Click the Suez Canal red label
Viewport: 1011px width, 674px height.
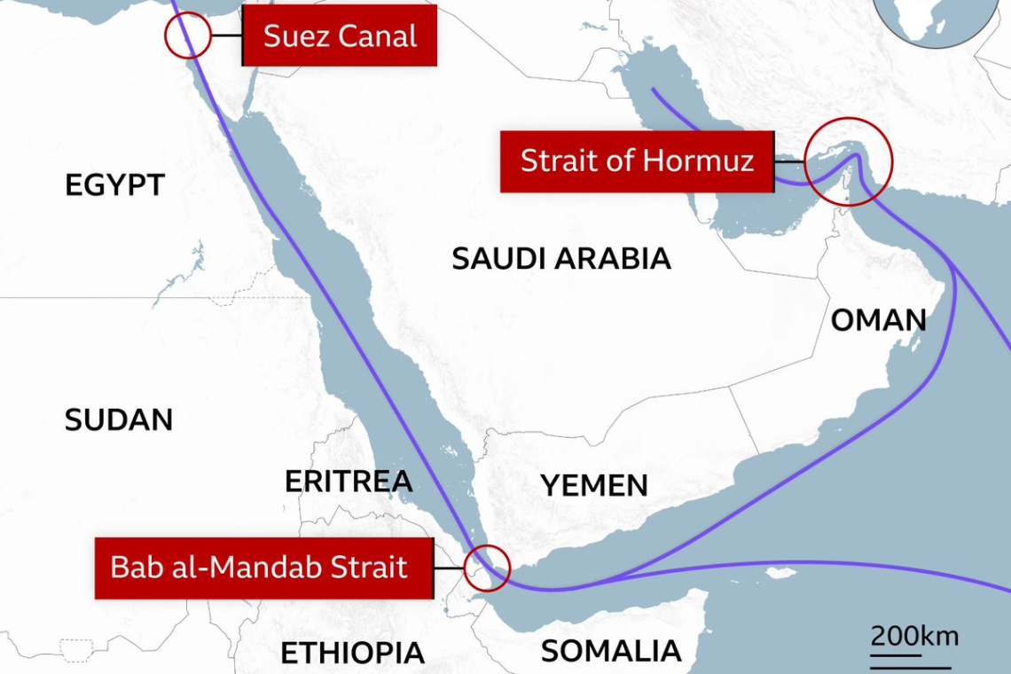point(340,37)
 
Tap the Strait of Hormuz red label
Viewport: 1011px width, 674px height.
point(637,161)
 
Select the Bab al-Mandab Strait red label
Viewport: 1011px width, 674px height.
point(263,568)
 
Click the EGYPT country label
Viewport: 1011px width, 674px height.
point(115,185)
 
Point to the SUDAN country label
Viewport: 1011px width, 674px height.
point(119,419)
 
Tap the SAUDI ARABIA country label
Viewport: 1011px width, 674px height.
point(560,258)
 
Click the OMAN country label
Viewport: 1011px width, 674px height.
point(878,320)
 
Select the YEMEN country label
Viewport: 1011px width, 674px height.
point(594,485)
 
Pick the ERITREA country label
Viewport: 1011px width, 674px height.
point(349,481)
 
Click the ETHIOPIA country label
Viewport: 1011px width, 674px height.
point(353,654)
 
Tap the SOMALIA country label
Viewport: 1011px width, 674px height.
point(611,652)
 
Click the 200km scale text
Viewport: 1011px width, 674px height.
point(914,636)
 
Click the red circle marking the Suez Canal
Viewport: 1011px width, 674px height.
point(187,36)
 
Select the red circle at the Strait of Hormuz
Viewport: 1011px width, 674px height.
point(850,161)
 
